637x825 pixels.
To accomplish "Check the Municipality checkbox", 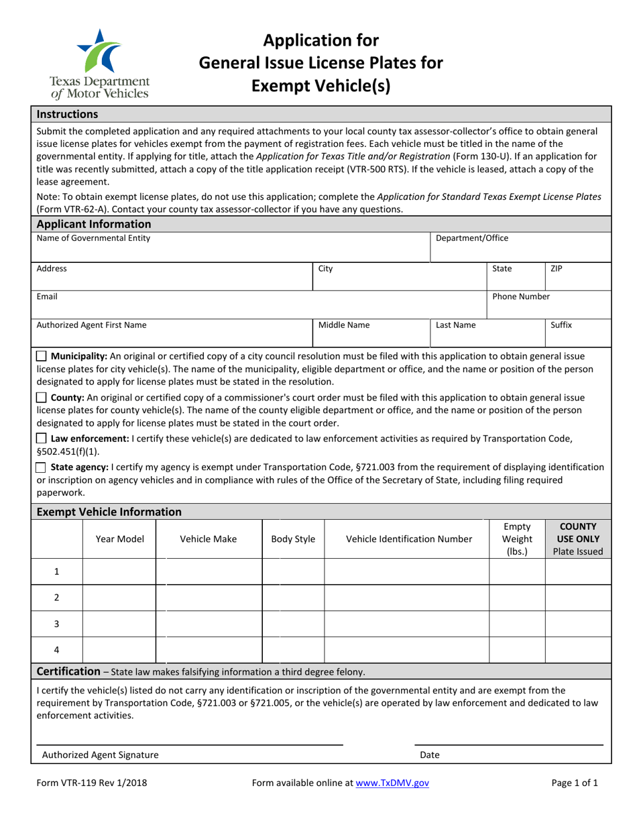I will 42,356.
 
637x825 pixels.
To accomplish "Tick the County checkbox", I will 42,398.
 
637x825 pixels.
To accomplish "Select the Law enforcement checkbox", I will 42,439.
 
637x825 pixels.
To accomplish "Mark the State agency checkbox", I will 42,467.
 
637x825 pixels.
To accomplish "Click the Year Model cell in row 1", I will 119,571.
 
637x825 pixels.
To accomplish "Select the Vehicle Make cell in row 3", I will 209,624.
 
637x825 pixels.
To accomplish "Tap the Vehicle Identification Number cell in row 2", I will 406,598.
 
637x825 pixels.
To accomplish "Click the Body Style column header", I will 292,539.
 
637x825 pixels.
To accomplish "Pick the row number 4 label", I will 56,650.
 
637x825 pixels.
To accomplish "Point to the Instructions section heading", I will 67,115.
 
